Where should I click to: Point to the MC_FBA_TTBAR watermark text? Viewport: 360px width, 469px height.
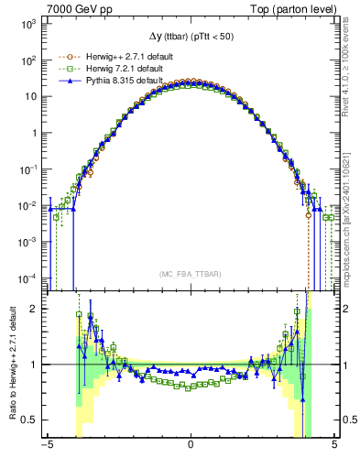[190, 274]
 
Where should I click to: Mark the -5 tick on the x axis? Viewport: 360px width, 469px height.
[47, 446]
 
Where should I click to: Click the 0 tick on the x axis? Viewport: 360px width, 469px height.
[190, 446]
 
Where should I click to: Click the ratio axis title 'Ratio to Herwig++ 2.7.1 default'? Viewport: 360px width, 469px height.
[10, 364]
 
